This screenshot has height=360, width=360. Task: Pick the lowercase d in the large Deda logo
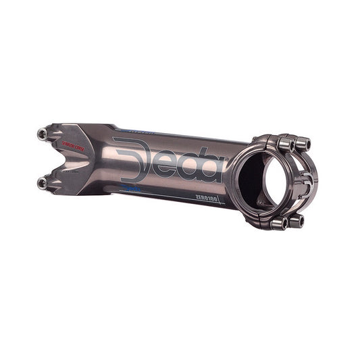[x=190, y=165]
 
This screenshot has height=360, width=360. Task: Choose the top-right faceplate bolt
[x=303, y=143]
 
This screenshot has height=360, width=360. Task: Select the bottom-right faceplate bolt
[x=298, y=220]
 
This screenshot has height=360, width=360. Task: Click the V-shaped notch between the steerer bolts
[x=68, y=159]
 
